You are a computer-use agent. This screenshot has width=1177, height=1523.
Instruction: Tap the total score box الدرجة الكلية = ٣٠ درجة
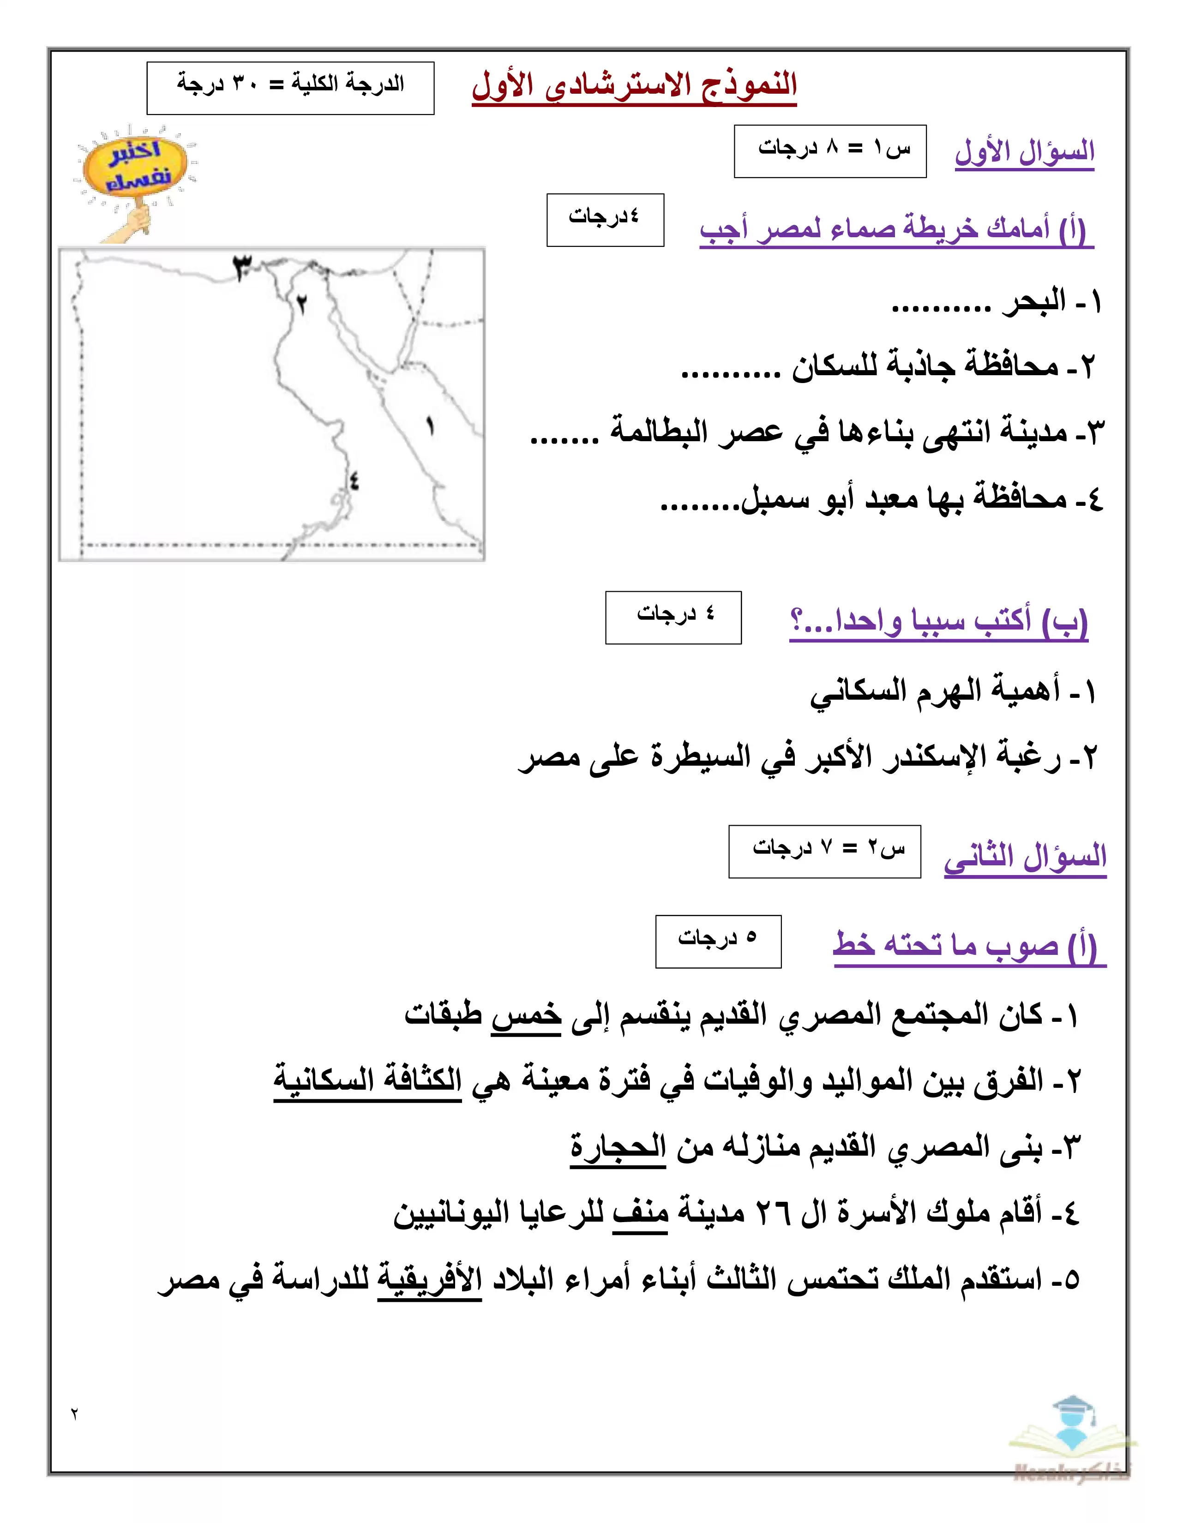pyautogui.click(x=290, y=87)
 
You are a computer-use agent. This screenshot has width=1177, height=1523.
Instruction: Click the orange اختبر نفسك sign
pyautogui.click(x=135, y=168)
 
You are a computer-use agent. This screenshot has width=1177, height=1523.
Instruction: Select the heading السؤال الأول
pyautogui.click(x=1024, y=151)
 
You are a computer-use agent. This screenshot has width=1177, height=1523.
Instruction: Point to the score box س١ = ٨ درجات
pyautogui.click(x=830, y=150)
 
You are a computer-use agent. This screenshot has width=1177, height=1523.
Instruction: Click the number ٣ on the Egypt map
pyautogui.click(x=242, y=267)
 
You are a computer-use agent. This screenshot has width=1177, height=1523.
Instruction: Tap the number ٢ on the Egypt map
pyautogui.click(x=301, y=304)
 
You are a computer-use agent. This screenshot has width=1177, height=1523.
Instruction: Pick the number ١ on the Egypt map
pyautogui.click(x=430, y=426)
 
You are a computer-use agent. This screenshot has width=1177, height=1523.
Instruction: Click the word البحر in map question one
pyautogui.click(x=1034, y=302)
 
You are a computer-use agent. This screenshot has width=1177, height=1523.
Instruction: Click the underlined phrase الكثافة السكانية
pyautogui.click(x=367, y=1080)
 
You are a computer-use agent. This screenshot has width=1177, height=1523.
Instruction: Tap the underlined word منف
pyautogui.click(x=640, y=1213)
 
